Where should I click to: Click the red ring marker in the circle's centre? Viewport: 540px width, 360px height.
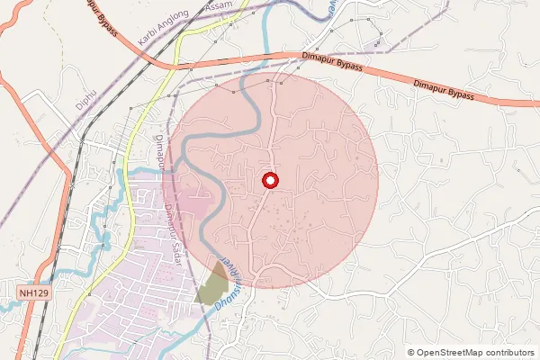click(270, 180)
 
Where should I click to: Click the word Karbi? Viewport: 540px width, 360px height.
click(153, 39)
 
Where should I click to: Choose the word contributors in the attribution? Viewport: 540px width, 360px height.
click(511, 353)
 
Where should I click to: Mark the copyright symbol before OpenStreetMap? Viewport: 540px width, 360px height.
click(411, 353)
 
